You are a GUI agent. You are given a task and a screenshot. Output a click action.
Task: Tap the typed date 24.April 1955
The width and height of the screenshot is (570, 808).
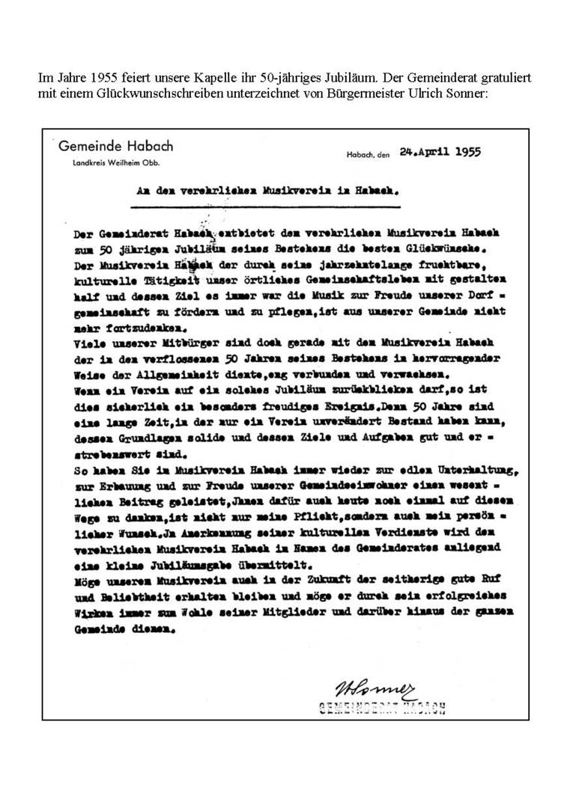[x=437, y=151]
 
